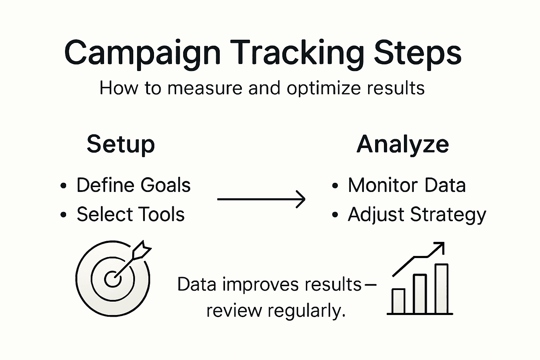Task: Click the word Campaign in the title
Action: click(x=142, y=53)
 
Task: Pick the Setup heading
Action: click(x=121, y=144)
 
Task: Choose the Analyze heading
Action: click(x=403, y=144)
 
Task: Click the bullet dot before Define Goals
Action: click(x=63, y=186)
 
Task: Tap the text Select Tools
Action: click(x=130, y=214)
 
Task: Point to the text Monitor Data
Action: click(x=407, y=185)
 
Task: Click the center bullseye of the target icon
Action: click(x=112, y=279)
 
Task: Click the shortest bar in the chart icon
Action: click(x=398, y=301)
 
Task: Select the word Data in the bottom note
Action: click(x=197, y=284)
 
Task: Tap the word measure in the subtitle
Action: click(x=205, y=88)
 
